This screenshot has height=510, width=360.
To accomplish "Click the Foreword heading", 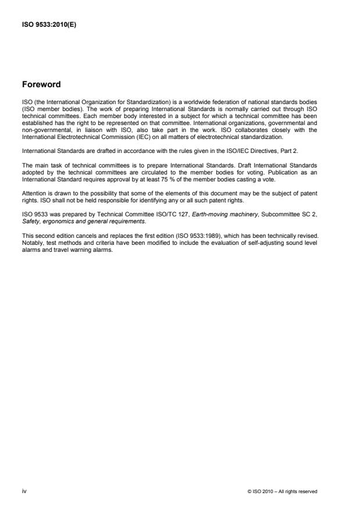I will click(x=41, y=84).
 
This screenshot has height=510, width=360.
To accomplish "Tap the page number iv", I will click(x=24, y=491).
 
